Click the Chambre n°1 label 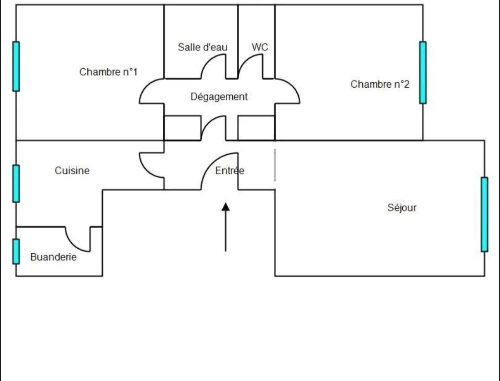click(x=108, y=72)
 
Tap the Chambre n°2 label click(x=380, y=84)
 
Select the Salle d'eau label click(x=202, y=47)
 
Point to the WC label click(x=260, y=47)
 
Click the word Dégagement click(x=219, y=96)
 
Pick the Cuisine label click(x=72, y=170)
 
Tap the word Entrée click(x=230, y=170)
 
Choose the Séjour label click(x=402, y=208)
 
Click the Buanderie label click(x=54, y=257)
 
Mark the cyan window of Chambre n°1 click(x=16, y=66)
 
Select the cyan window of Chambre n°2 click(x=423, y=72)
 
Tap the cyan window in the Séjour click(x=485, y=214)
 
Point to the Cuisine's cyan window click(x=16, y=184)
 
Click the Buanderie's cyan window click(x=16, y=251)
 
